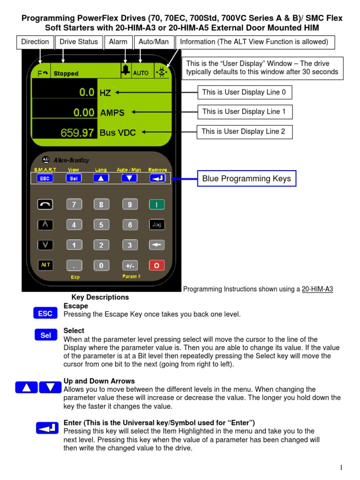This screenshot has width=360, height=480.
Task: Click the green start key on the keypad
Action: click(157, 204)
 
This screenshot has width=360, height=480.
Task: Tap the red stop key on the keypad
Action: click(157, 265)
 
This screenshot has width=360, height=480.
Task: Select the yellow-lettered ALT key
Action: click(45, 265)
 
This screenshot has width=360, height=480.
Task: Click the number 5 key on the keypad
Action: click(101, 225)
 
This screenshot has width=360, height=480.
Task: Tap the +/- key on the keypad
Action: click(129, 265)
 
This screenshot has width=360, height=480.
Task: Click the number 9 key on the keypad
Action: click(129, 204)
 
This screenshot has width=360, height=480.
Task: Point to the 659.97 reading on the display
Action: click(77, 133)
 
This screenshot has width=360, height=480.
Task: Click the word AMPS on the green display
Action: click(112, 112)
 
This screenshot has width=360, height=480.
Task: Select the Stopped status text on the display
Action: click(66, 74)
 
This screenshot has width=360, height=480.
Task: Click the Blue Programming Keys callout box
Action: click(247, 178)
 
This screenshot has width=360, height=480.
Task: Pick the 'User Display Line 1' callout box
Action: click(244, 112)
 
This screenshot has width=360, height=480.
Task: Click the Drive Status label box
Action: click(79, 42)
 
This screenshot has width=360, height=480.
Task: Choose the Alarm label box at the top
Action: click(118, 42)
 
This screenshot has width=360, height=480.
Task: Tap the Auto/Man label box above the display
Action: click(154, 42)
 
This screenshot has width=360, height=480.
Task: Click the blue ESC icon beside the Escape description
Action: click(45, 314)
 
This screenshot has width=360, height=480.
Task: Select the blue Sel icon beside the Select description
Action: click(45, 335)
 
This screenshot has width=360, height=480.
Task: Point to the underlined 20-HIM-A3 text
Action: click(317, 289)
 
